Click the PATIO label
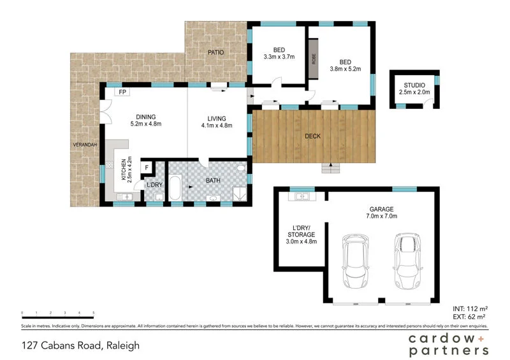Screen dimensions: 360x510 215,52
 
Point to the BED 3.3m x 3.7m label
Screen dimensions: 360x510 279,53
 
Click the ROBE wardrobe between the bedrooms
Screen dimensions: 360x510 314,58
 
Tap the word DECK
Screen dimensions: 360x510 312,136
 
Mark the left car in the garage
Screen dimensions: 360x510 356,261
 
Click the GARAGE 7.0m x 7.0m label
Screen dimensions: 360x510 382,212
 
